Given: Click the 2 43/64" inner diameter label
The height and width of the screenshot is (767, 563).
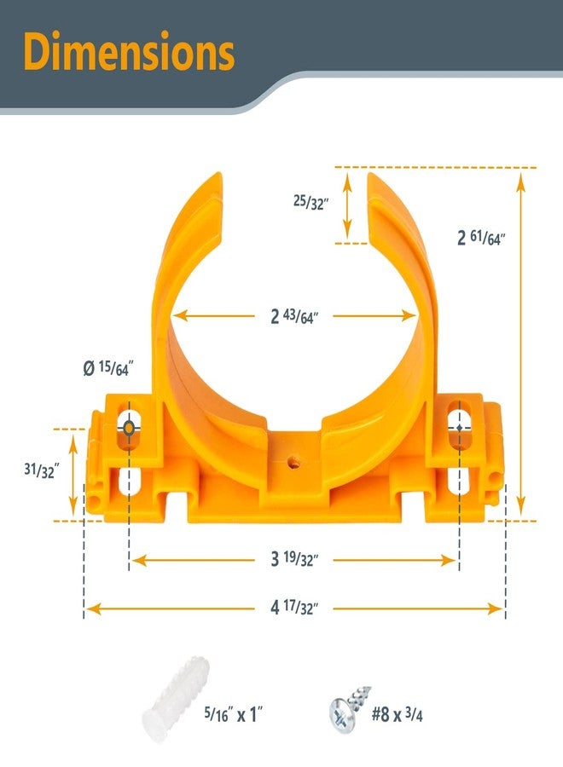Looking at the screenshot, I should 294,316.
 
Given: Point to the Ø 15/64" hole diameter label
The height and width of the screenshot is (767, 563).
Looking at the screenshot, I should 108,368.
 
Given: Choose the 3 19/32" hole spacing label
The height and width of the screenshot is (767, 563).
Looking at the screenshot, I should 294,560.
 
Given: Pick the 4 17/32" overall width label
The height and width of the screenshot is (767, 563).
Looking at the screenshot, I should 294,608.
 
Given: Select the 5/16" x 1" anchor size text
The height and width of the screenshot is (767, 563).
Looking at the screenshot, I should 240,714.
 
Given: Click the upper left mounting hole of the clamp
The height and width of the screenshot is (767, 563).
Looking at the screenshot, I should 130,426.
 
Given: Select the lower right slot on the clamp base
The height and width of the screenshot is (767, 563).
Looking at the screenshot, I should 458,482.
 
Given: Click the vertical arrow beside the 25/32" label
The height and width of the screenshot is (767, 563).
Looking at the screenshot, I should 347,205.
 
